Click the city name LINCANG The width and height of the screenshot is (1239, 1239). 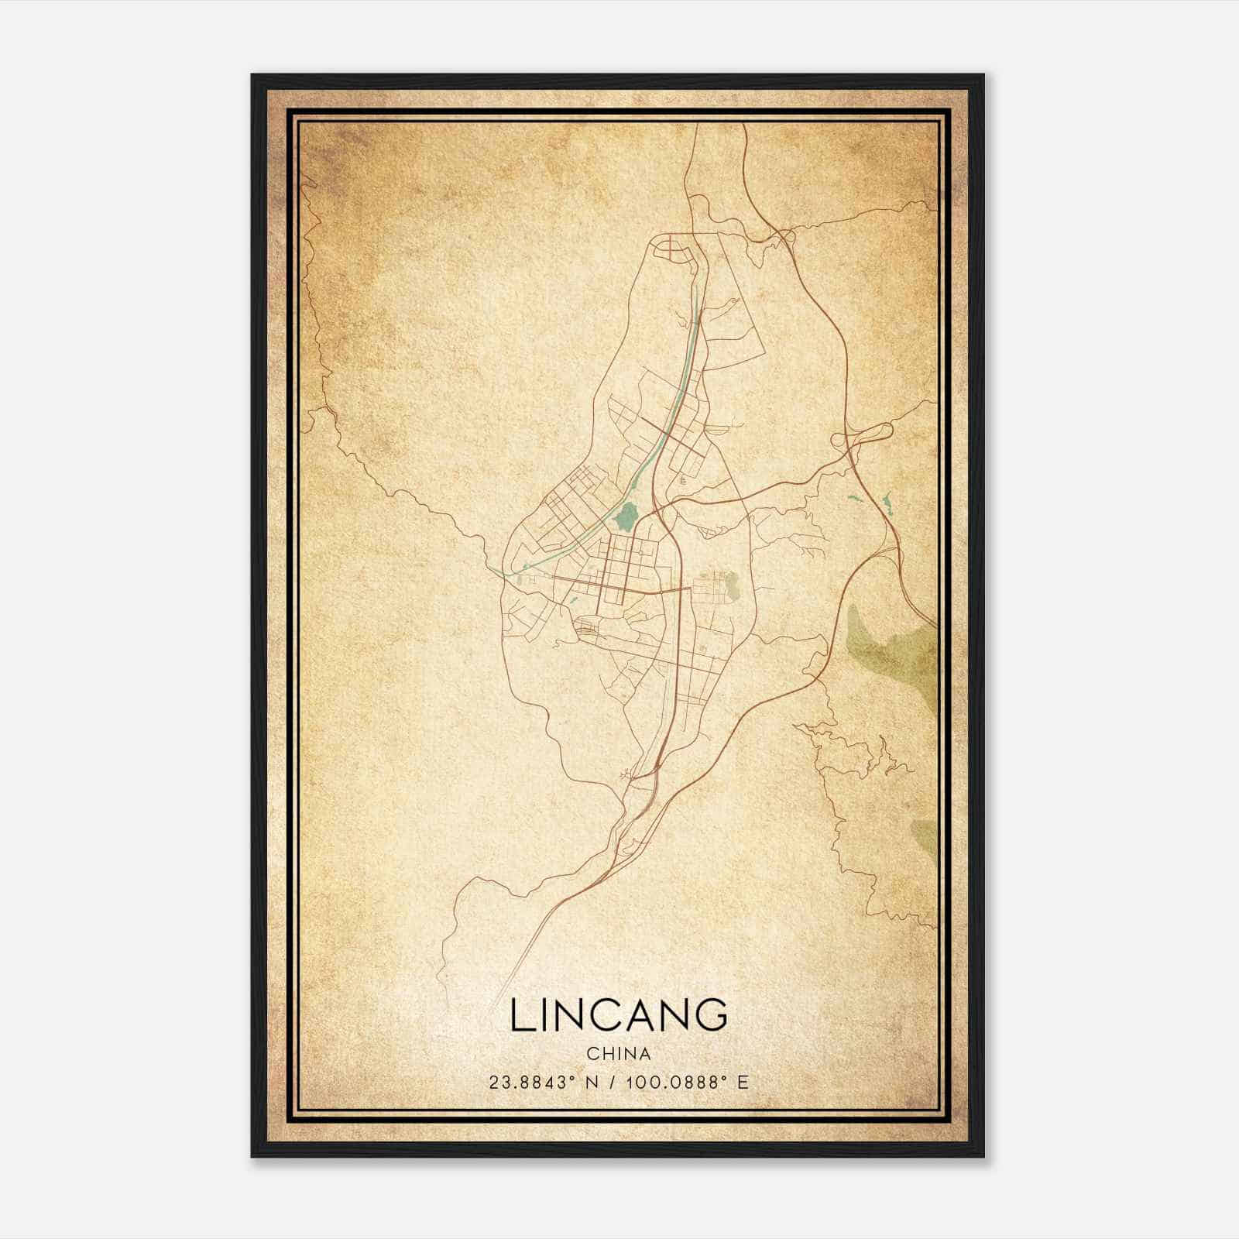pyautogui.click(x=619, y=1015)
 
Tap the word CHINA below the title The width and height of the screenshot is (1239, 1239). pyautogui.click(x=619, y=1054)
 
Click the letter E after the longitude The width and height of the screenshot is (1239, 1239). pyautogui.click(x=743, y=1082)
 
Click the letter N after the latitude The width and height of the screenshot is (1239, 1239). pyautogui.click(x=592, y=1082)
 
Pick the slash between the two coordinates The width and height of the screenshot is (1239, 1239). pyautogui.click(x=614, y=1082)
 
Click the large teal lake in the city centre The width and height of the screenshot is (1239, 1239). pyautogui.click(x=625, y=515)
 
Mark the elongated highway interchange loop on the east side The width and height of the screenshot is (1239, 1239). pyautogui.click(x=863, y=436)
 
